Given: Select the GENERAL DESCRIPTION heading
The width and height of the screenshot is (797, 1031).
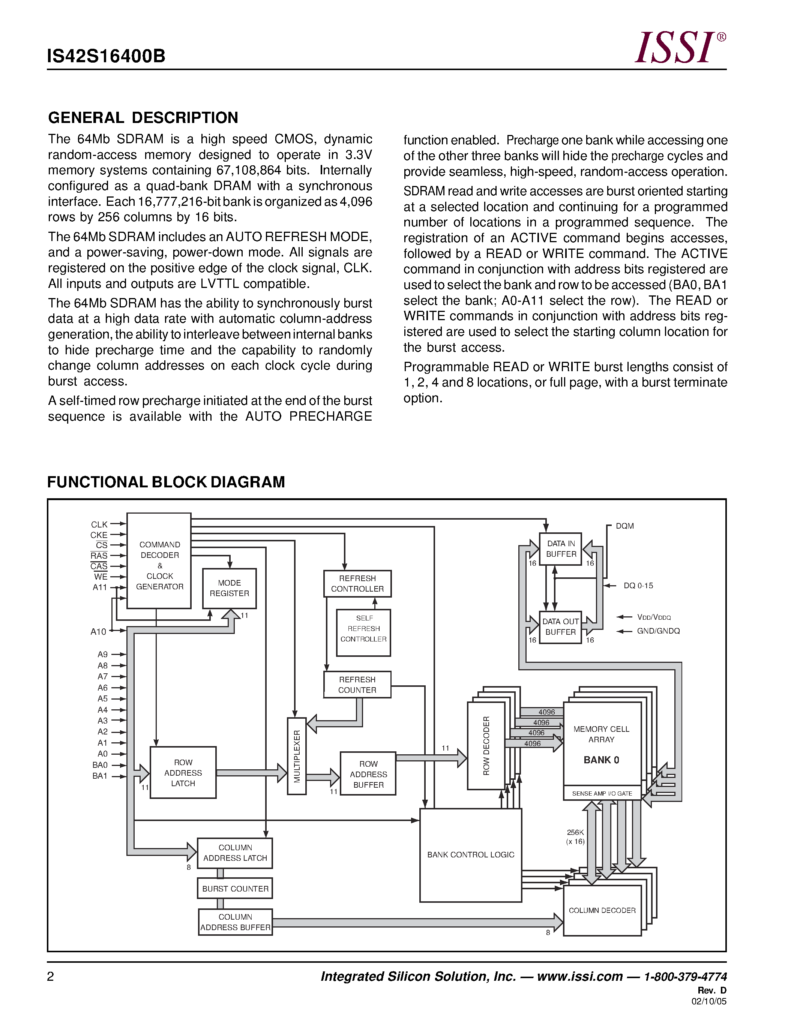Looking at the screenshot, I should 143,118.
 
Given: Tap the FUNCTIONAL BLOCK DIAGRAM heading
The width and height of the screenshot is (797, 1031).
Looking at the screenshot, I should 166,482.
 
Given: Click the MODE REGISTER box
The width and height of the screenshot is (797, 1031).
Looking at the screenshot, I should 230,588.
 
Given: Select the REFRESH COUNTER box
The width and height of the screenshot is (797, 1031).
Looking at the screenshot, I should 357,685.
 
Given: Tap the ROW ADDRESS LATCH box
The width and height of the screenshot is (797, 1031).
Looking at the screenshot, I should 183,773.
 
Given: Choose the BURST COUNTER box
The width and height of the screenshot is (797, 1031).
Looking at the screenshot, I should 235,889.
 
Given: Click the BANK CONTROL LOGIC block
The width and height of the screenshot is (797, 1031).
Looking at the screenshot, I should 471,855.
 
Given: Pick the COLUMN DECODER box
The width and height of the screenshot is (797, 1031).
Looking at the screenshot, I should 602,910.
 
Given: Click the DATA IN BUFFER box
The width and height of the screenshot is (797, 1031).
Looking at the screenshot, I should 561,549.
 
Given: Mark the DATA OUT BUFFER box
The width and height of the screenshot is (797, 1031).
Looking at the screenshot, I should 560,627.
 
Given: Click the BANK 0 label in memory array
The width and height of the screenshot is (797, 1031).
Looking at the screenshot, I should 601,760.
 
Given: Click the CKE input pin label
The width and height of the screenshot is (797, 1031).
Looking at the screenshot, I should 99,535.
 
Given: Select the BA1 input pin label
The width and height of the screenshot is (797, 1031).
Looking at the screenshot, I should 100,776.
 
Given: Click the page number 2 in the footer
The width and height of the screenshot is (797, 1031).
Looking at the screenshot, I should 51,976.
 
